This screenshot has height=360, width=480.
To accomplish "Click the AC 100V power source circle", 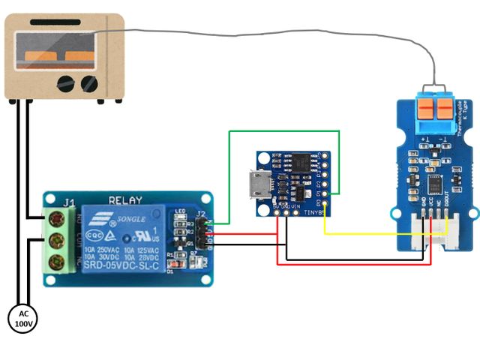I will [x=22, y=319].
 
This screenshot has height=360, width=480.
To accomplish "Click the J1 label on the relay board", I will [x=68, y=202].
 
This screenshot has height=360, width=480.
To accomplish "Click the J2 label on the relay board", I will [x=201, y=216].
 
